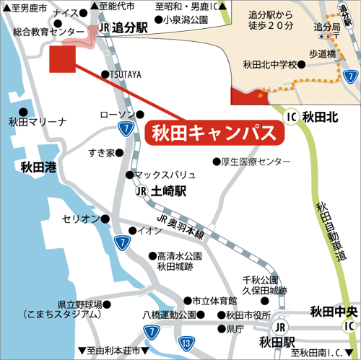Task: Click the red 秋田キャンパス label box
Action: click(214, 133)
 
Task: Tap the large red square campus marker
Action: click(62, 58)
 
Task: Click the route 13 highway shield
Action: click(186, 342)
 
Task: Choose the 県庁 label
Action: click(234, 329)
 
